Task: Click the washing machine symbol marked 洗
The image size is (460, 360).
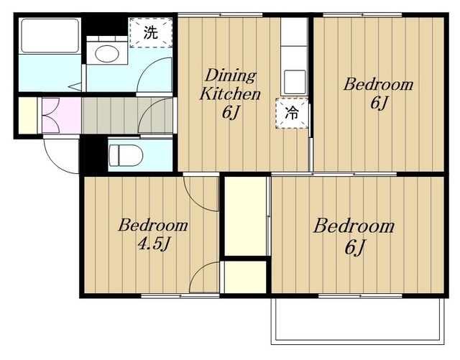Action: point(151,32)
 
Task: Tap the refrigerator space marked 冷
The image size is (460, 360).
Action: point(292,113)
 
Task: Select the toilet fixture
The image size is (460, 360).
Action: point(126,155)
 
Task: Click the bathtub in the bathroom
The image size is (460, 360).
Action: point(50,35)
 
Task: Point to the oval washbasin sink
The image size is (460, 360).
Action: point(107,53)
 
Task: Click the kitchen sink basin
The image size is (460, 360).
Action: point(295,80)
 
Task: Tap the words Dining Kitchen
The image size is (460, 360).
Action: point(230,85)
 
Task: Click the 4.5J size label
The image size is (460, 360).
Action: point(154,244)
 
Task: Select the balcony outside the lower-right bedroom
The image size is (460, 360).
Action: point(358,320)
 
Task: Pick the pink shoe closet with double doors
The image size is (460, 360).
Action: point(61,115)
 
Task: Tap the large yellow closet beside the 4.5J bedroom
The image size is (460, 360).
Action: point(246,216)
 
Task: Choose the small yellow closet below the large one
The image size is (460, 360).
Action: point(245,277)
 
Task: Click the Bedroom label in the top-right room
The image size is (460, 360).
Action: point(379,85)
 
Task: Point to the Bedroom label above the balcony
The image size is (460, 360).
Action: point(354,226)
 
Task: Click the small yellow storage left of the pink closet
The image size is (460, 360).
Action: point(28,115)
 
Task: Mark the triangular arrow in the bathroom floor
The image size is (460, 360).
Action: point(75,86)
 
